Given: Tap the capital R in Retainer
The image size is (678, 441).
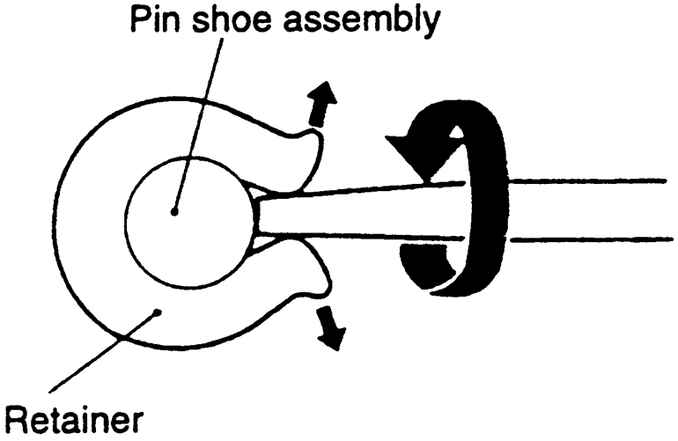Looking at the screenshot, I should point(18,420).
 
